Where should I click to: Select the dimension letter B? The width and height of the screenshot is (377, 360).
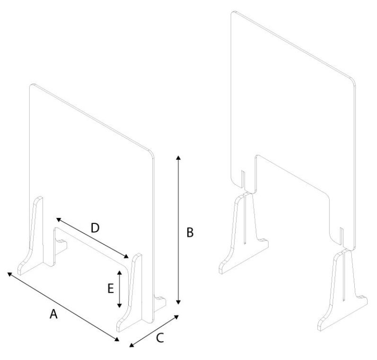tap(189, 233)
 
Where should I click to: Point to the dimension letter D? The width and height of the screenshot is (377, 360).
tap(95, 228)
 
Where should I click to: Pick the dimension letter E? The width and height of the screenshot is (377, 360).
tap(110, 289)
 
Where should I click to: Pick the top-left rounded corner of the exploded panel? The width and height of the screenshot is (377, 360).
tap(233, 13)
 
